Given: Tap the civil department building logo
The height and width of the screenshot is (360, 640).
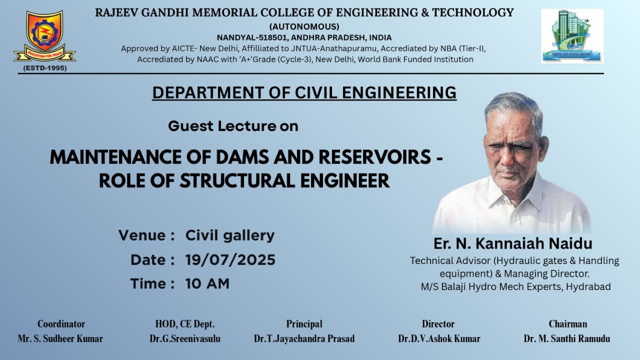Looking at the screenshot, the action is pyautogui.click(x=572, y=36).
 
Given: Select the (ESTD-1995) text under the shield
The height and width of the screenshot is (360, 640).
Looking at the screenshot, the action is pyautogui.click(x=45, y=68).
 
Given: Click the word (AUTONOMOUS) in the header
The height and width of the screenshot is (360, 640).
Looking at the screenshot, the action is pyautogui.click(x=304, y=26).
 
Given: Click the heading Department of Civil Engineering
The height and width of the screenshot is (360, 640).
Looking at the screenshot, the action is pyautogui.click(x=304, y=92).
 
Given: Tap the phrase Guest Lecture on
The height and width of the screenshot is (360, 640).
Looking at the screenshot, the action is pyautogui.click(x=233, y=126).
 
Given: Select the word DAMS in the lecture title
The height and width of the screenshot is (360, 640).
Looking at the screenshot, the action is pyautogui.click(x=242, y=157).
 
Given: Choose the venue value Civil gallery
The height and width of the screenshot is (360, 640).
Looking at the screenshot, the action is pyautogui.click(x=230, y=235).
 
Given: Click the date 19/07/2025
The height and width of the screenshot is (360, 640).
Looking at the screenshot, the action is pyautogui.click(x=230, y=259).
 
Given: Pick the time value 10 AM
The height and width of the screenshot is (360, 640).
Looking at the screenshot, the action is pyautogui.click(x=207, y=283).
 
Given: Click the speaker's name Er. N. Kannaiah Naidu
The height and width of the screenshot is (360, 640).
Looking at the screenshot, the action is pyautogui.click(x=513, y=243).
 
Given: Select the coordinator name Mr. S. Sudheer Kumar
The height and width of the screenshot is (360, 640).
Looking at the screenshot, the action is pyautogui.click(x=60, y=338).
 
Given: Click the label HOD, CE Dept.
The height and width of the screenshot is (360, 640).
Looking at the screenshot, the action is pyautogui.click(x=185, y=324).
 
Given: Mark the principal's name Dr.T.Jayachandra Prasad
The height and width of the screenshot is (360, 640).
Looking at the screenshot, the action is pyautogui.click(x=304, y=338).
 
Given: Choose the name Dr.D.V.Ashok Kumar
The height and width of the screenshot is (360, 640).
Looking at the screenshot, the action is pyautogui.click(x=439, y=338).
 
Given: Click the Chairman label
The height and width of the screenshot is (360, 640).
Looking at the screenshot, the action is pyautogui.click(x=567, y=324).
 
